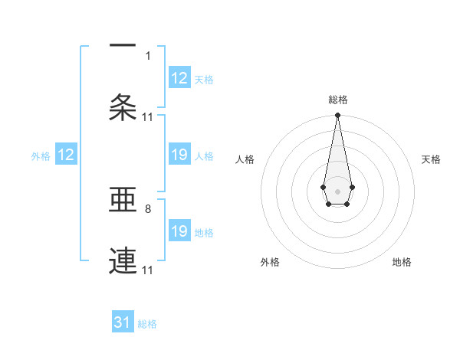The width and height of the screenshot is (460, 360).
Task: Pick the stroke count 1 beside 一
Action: click(148, 55)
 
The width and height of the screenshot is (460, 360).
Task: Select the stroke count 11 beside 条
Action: click(148, 116)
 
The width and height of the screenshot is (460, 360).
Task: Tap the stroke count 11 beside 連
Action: click(148, 270)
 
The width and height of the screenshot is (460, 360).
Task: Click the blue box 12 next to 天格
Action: click(179, 78)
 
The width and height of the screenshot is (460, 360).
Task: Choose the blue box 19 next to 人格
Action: click(179, 155)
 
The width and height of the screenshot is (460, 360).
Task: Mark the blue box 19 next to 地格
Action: click(179, 231)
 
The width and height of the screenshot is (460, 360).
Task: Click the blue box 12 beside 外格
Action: click(66, 155)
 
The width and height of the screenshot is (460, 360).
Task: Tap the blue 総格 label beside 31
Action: click(147, 324)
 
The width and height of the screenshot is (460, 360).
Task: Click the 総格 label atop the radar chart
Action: click(337, 100)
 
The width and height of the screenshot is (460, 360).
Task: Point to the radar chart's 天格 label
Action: click(431, 159)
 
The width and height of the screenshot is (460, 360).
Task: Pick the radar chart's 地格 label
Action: click(402, 262)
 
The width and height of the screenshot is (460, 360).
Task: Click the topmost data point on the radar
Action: click(337, 116)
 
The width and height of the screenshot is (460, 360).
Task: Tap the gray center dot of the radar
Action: click(337, 190)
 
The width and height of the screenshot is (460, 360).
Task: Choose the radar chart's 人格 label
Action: click(245, 159)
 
